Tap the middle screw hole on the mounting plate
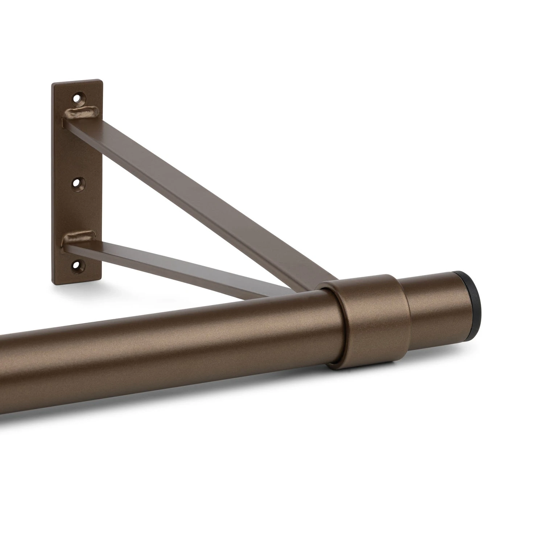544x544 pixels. (76, 183)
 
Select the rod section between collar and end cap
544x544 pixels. (441, 308)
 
